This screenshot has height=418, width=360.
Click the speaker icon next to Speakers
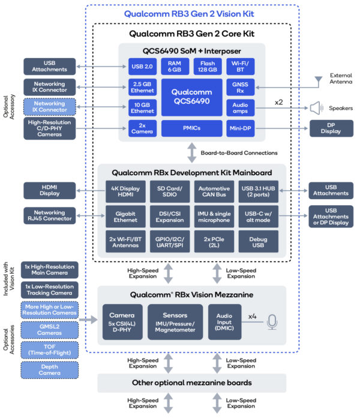click(315, 108)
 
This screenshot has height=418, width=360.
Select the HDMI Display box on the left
click(49, 191)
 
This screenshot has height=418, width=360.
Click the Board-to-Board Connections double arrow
click(192, 153)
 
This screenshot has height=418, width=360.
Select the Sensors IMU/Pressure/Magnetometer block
click(175, 321)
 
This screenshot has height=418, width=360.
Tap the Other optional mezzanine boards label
click(192, 383)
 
